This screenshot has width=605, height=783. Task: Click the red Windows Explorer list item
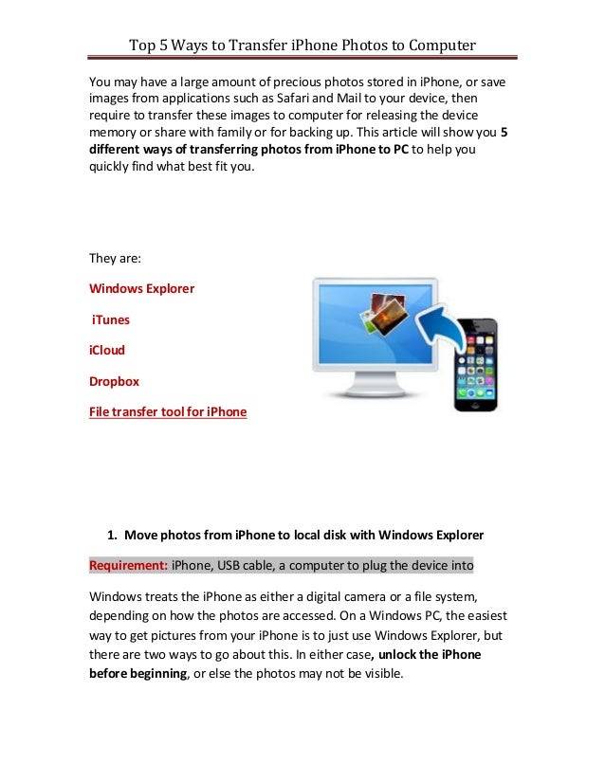click(x=141, y=288)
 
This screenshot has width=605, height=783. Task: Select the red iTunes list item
click(x=111, y=319)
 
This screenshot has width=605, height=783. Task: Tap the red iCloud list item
click(x=107, y=350)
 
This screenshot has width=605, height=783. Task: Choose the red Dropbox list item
click(x=114, y=381)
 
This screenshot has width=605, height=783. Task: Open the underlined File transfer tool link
click(x=168, y=411)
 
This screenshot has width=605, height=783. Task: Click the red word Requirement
click(x=128, y=566)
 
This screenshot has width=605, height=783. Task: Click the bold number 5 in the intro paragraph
click(x=503, y=134)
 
